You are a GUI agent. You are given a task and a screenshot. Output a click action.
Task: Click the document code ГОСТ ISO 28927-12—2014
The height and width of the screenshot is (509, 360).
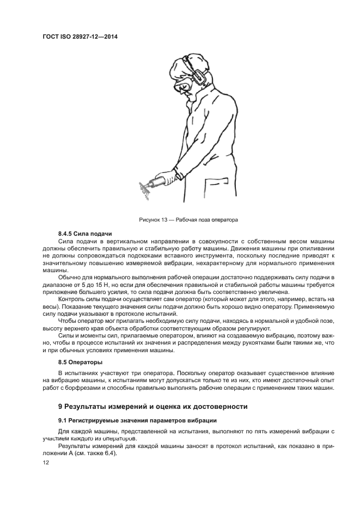coord(80,37)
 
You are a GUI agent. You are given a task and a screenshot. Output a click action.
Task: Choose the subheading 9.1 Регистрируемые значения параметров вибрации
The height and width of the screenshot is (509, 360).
coord(137,420)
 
